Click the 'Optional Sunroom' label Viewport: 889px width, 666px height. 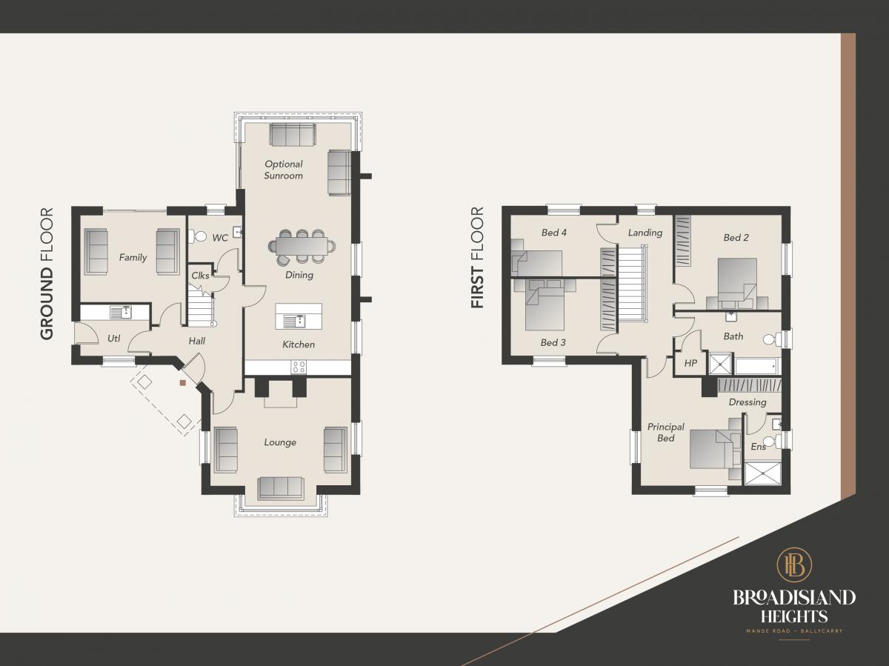pos(284,170)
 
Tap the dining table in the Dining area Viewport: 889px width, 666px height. pos(302,246)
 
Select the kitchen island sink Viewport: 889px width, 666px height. pos(294,322)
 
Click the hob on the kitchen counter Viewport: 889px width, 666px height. pos(299,367)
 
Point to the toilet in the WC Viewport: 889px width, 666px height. pos(198,236)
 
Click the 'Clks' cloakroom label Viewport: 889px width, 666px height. pos(200,276)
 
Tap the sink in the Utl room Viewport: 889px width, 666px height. pos(121,312)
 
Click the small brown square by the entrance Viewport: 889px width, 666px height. pos(183,382)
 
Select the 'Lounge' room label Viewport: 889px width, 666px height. pos(280,442)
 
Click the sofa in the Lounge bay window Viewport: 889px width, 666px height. pos(281,488)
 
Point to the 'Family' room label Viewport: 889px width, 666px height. pos(133,258)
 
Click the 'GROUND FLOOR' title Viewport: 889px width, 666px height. pos(47,273)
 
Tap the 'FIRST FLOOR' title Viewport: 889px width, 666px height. pos(478,258)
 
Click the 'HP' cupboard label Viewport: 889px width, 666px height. pos(690,363)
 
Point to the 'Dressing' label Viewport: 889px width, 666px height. pos(748,402)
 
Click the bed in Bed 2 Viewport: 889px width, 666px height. pos(737,280)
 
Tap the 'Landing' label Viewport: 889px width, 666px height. pos(645,233)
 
